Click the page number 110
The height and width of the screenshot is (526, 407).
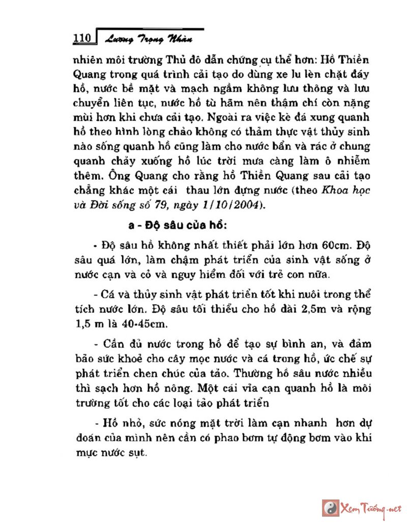81,39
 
